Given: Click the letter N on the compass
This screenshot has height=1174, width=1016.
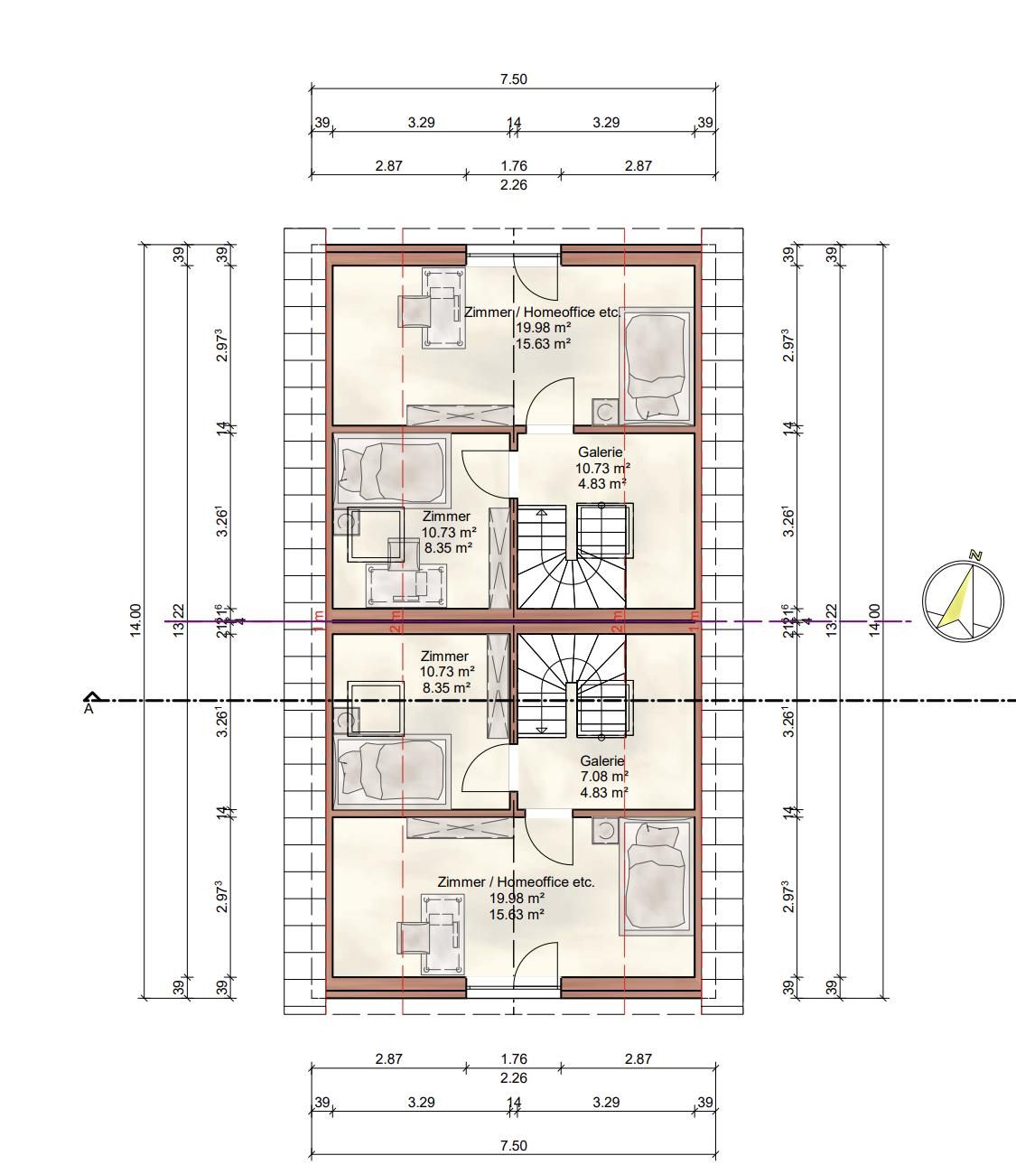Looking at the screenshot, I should pos(975,555).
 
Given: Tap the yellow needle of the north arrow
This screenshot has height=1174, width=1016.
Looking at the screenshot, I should pos(957,600).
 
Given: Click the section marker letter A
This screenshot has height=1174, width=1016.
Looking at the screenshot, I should pos(89,709).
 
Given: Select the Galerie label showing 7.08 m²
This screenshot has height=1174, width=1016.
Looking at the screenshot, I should pos(602,776).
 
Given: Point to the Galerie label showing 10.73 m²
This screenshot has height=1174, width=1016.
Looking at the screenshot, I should pos(601,468).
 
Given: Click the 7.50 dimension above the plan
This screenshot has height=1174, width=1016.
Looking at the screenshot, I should pos(513,79).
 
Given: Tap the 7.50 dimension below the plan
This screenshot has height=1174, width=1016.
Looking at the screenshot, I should pos(513,1145).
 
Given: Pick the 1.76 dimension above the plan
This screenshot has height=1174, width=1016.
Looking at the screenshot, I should pos(513,165).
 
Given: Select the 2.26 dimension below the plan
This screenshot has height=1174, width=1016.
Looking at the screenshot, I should pos(513,1077).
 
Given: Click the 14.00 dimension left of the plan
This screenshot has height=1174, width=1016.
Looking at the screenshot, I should pos(135,620).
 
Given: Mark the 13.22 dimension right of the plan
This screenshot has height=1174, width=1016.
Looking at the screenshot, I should pos(832,620).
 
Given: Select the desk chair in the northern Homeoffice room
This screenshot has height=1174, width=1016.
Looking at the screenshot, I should pos(415,312).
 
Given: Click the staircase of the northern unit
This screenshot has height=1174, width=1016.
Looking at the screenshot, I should pos(573,556).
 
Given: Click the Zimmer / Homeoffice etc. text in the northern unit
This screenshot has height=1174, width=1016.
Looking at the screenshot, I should pos(542,312).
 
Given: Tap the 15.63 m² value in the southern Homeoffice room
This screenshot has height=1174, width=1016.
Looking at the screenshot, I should pos(517,914).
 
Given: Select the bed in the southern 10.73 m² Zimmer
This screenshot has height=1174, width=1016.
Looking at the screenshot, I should pos(392,769).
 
